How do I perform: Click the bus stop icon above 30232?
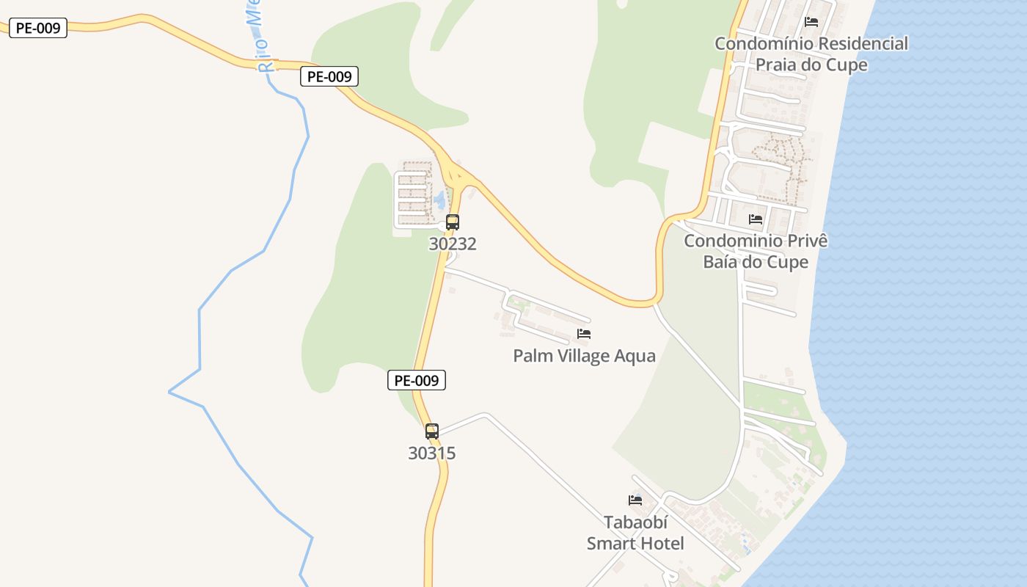coord(453,222)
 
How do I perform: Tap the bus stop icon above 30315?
coord(432,431)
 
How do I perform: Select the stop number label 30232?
coord(453,244)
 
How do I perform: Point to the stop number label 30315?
coord(432,453)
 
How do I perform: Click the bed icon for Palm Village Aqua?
coord(584,334)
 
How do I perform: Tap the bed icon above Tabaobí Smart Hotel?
coord(635,500)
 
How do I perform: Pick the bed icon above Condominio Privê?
coord(756,219)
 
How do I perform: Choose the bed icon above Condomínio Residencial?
coord(811,22)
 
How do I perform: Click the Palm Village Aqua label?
coord(584,357)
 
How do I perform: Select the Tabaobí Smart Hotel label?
coord(635,533)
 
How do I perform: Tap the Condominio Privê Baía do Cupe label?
coord(756,252)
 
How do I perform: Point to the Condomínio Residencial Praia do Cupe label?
coord(811,54)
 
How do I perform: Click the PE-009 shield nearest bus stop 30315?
coord(416,380)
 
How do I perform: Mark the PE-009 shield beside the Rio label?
coord(329,76)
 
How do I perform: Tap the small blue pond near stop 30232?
coord(439,199)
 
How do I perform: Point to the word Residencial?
coord(863,44)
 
